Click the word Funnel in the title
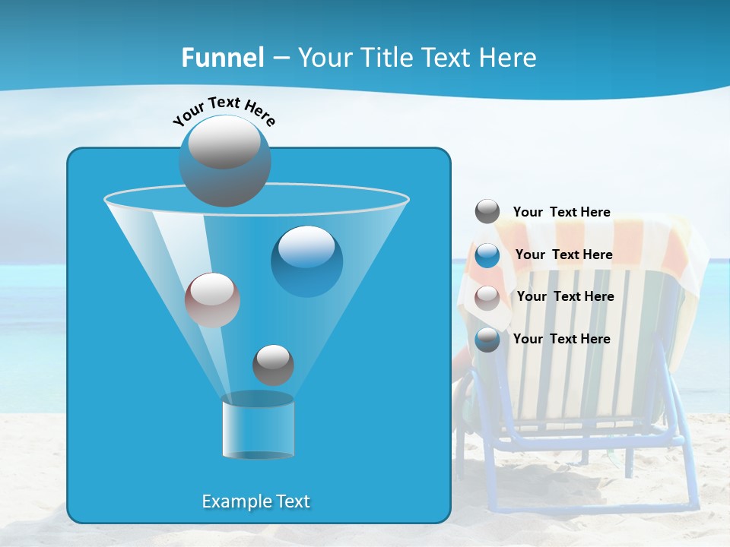(223, 58)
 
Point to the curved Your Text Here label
(224, 111)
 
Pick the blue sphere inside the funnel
(306, 261)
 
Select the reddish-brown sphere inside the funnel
(212, 299)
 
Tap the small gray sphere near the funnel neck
(273, 365)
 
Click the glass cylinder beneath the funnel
(258, 427)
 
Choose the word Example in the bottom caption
(228, 501)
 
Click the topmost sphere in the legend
(487, 211)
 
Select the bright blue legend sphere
(487, 255)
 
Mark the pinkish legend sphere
(487, 297)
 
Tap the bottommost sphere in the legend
(487, 339)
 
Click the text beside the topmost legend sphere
(561, 212)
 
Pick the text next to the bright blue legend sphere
(563, 255)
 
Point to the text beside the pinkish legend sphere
(565, 296)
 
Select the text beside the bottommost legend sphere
(561, 339)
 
